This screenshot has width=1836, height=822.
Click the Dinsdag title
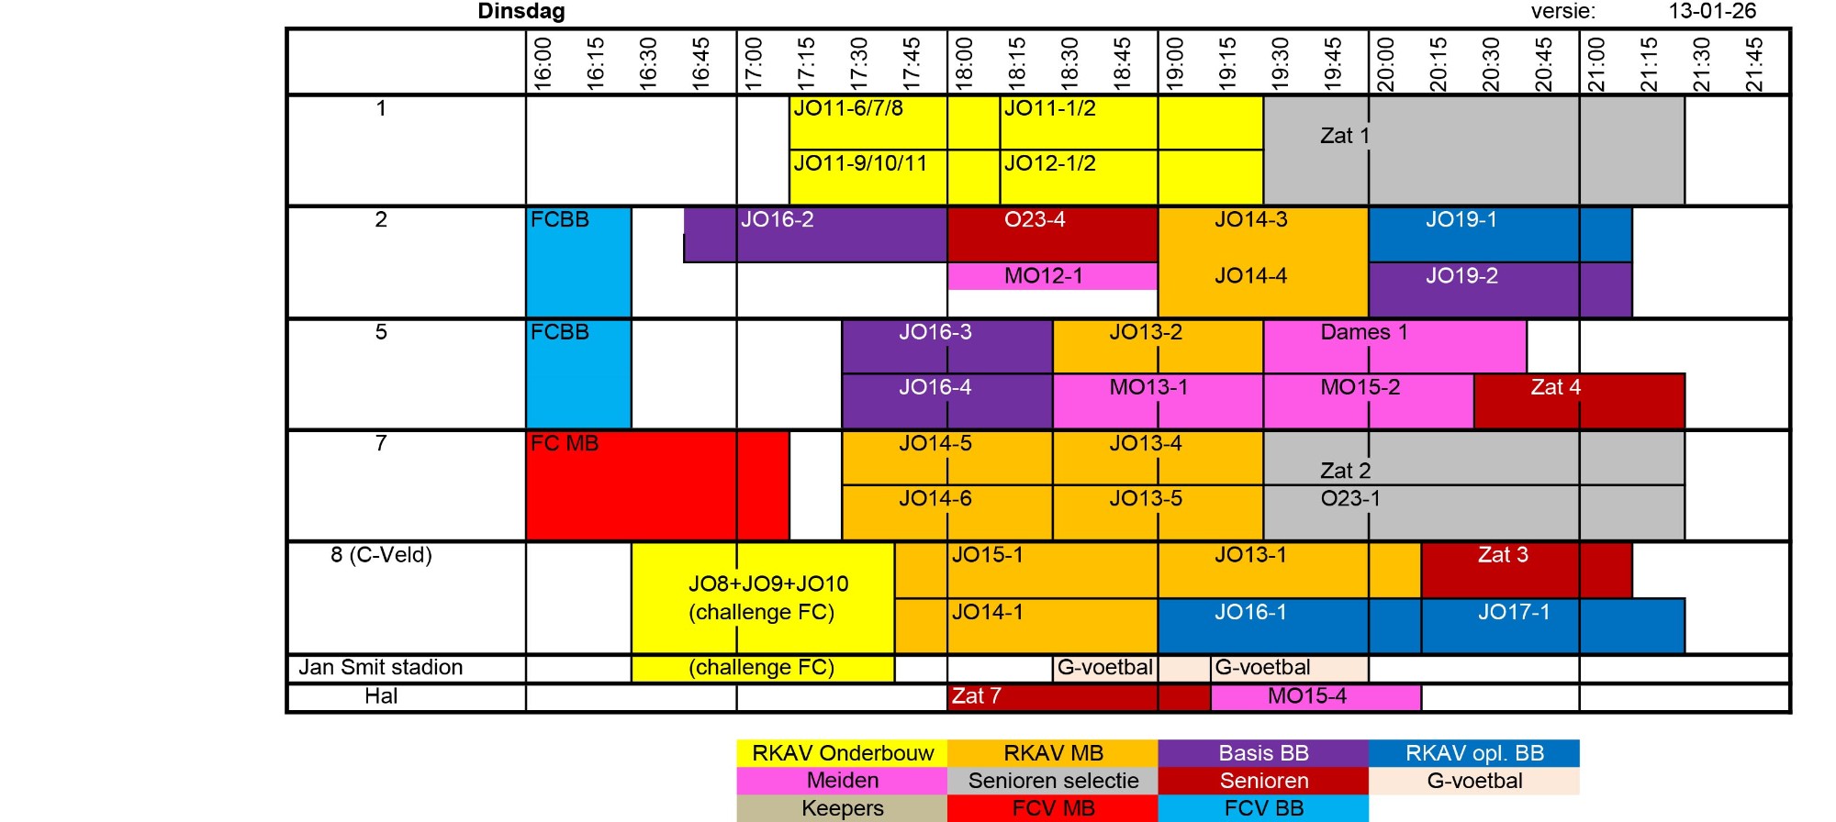[521, 12]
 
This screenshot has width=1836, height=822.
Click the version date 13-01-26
[1712, 12]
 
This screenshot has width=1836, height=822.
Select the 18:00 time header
[964, 63]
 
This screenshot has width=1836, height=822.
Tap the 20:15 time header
[1439, 63]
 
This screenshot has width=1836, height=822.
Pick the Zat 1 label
[1345, 136]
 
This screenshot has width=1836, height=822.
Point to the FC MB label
[565, 444]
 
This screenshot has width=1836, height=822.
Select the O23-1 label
[1350, 499]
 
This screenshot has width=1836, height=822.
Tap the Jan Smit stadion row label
[380, 668]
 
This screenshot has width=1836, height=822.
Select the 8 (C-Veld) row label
[381, 555]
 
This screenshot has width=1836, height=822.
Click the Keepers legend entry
[842, 808]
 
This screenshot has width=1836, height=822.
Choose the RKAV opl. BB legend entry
[1473, 753]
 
